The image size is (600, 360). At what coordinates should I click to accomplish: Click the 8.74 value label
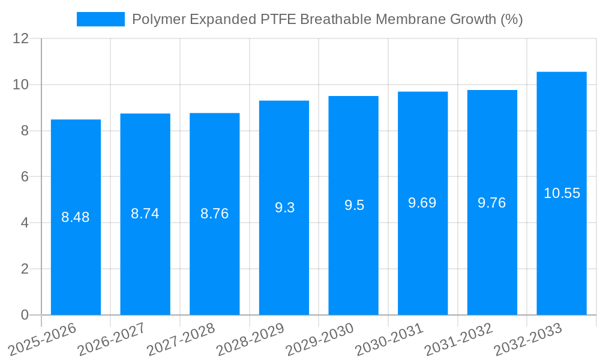click(x=145, y=214)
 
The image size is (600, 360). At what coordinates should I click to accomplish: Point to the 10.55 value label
click(x=562, y=193)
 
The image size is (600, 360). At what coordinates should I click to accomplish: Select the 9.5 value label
click(x=354, y=205)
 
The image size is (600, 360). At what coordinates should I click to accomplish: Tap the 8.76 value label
click(x=214, y=214)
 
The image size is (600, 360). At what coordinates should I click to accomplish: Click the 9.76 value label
click(x=492, y=203)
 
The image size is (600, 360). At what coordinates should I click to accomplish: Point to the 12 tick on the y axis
click(x=21, y=38)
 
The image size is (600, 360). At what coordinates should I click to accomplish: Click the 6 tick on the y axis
click(x=25, y=177)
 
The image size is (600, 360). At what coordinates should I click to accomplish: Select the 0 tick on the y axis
click(x=25, y=315)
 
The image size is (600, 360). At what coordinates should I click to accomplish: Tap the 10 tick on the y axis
click(x=21, y=85)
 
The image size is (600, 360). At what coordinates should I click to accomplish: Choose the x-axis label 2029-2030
click(x=320, y=339)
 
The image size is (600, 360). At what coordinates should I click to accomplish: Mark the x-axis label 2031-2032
click(x=458, y=339)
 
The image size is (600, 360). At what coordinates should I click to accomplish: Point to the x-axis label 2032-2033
click(x=528, y=339)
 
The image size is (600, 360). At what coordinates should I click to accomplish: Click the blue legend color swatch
click(x=100, y=19)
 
